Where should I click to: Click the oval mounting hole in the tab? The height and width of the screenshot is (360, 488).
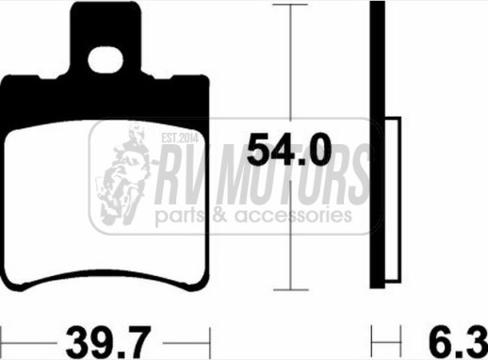coord(106,60)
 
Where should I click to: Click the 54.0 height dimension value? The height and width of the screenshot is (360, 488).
coord(289,150)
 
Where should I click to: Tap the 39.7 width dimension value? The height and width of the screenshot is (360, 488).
coord(108,342)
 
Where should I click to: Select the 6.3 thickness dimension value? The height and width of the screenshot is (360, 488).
coord(458,342)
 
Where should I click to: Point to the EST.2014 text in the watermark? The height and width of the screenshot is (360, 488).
coord(180,138)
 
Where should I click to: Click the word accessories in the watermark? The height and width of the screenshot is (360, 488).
coord(294,216)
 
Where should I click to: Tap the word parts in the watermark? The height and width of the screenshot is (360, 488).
coord(180,218)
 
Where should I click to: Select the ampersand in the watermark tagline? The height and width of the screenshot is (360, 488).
coord(220,216)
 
